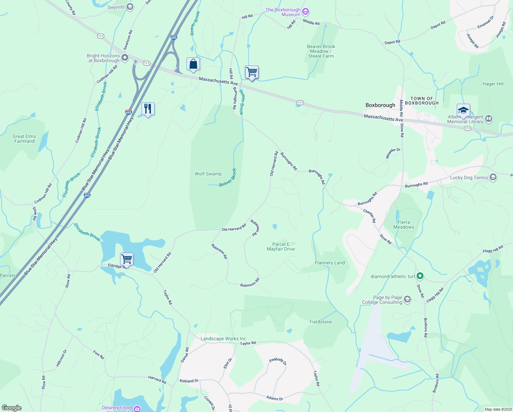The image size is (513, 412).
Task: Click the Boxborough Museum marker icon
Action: tap(306, 12)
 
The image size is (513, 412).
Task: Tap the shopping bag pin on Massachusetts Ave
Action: tap(193, 64)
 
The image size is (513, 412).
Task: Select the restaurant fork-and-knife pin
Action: tap(148, 109)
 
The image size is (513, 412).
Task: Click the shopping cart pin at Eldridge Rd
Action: tap(127, 259)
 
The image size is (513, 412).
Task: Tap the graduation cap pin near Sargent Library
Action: tap(463, 111)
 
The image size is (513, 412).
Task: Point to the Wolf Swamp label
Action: tap(208, 174)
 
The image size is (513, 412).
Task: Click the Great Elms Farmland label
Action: tap(24, 139)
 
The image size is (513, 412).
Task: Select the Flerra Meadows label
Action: tap(404, 225)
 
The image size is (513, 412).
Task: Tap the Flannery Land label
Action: tap(330, 263)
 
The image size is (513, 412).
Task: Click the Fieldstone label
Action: tap(321, 322)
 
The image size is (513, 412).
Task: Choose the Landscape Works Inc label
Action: tap(223, 339)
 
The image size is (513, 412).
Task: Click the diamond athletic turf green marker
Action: tap(420, 276)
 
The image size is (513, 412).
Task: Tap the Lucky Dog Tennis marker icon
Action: tap(493, 177)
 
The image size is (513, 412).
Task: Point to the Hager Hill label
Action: tap(493, 84)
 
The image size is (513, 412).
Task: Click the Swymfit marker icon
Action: tap(130, 7)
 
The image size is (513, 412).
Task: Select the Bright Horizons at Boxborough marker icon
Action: tap(125, 58)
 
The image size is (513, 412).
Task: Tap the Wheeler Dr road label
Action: tap(393, 153)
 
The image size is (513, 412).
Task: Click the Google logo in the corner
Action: tap(11, 408)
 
